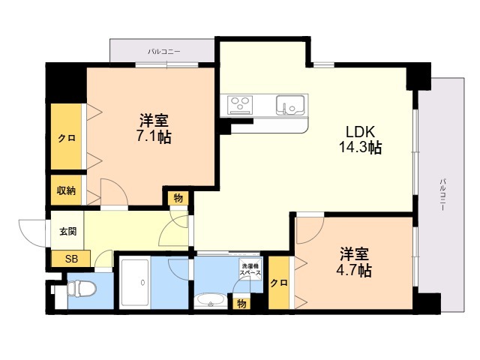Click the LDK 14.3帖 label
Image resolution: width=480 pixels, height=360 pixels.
pyautogui.click(x=360, y=139)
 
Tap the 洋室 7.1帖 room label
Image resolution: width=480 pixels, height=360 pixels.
pyautogui.click(x=154, y=128)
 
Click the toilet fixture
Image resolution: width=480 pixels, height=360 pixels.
pyautogui.click(x=81, y=289)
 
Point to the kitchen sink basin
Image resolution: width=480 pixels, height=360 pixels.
pyautogui.click(x=290, y=105)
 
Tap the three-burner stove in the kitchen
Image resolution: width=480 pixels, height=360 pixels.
pyautogui.click(x=240, y=104)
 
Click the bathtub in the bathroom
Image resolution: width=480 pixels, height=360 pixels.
pyautogui.click(x=135, y=283)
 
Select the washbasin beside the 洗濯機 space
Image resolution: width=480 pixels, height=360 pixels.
pyautogui.click(x=210, y=300)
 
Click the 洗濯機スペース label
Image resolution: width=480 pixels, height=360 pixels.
pyautogui.click(x=250, y=269)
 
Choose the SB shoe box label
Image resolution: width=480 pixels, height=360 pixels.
pyautogui.click(x=72, y=259)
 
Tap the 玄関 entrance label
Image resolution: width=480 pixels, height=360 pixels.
pyautogui.click(x=67, y=232)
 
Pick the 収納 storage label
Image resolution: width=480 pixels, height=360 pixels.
pyautogui.click(x=66, y=190)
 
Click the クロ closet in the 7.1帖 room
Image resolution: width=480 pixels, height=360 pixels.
pyautogui.click(x=67, y=138)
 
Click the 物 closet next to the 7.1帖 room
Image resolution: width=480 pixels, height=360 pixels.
pyautogui.click(x=178, y=198)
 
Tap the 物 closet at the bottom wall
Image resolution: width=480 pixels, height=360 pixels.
pyautogui.click(x=241, y=304)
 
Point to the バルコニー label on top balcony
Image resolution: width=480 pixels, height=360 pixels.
pyautogui.click(x=164, y=52)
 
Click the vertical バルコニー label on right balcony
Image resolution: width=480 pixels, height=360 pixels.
pyautogui.click(x=442, y=194)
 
